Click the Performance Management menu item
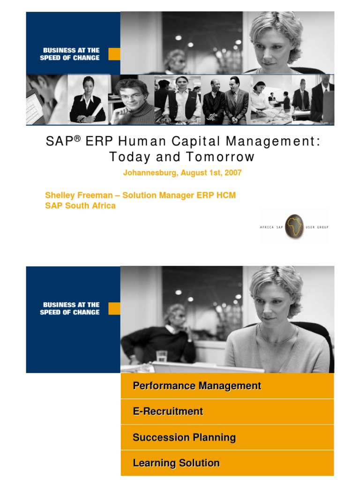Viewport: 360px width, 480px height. pos(197,386)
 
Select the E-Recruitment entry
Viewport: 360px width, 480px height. pos(168,412)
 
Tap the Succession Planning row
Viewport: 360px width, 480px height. pos(184,437)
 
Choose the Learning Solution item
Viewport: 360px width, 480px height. pos(176,463)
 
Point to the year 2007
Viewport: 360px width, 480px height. pos(233,172)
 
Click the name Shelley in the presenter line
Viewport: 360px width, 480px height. pos(59,195)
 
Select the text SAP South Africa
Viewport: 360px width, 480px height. pos(80,206)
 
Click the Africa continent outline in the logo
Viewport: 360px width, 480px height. pos(294,225)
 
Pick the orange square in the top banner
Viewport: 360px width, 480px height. pos(114,54)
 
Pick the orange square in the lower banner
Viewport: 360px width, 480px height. pos(114,308)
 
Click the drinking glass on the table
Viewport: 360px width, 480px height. pos(162,356)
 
